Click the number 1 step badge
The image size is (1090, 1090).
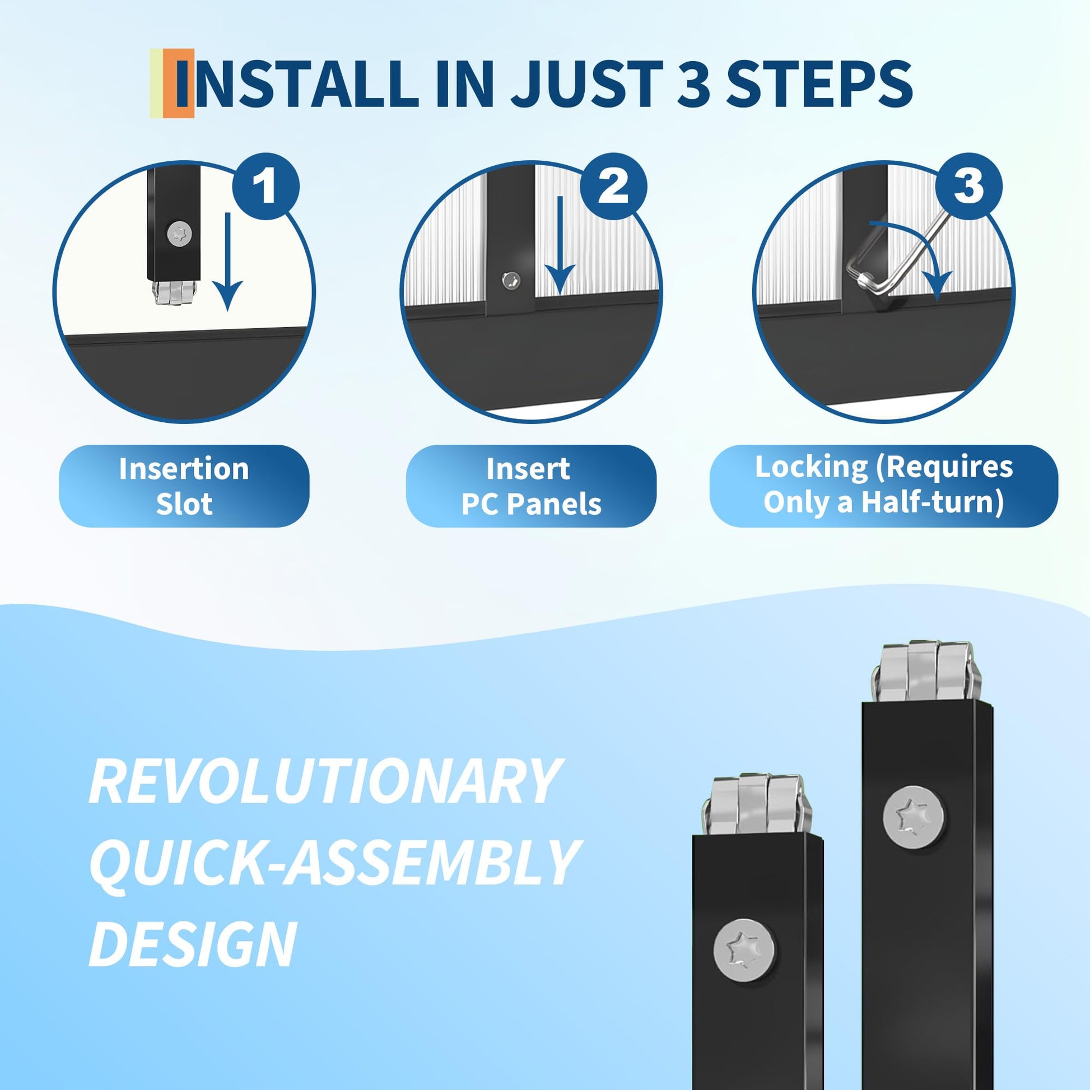pos(265,186)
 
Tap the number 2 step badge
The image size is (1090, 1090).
pos(613,186)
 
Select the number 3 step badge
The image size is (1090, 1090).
pos(968,186)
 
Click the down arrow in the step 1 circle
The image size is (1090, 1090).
pos(227,261)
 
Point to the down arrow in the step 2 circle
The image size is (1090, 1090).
pos(560,246)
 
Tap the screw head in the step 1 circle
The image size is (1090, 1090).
pos(179,232)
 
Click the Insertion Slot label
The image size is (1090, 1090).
pos(184,486)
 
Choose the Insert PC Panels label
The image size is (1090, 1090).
pos(531,486)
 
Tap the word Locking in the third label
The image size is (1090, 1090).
pos(811,467)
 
